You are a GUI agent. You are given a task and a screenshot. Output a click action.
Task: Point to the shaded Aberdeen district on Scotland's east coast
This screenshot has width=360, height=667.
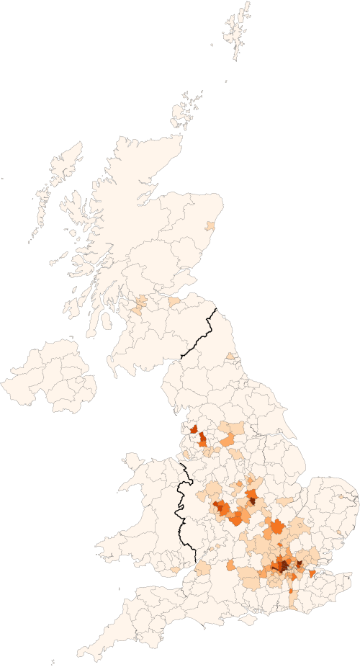(210, 225)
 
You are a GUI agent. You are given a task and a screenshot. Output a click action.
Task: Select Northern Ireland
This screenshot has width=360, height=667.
(50, 378)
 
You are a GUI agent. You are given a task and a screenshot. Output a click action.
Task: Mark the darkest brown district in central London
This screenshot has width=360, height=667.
(284, 565)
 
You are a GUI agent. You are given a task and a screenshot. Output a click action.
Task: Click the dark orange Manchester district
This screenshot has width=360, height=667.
(202, 439)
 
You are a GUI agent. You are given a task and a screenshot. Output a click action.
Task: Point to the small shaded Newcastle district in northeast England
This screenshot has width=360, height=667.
(230, 356)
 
